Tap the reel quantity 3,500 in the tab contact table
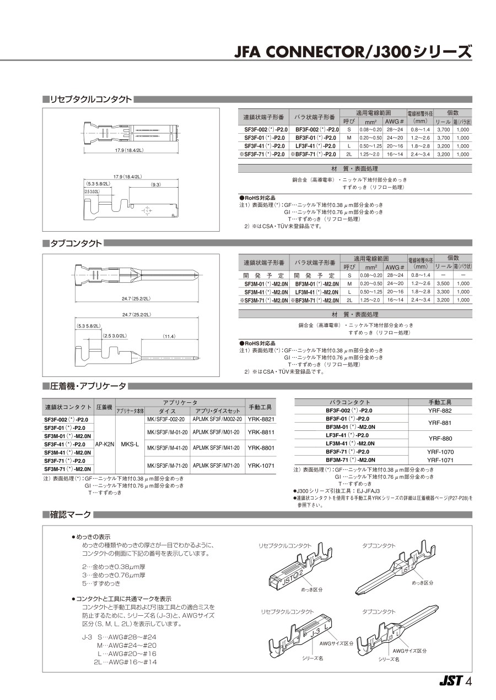click(x=443, y=283)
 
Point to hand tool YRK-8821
click(x=261, y=419)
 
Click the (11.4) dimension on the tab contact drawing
click(x=169, y=336)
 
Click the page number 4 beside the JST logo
click(x=468, y=681)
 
